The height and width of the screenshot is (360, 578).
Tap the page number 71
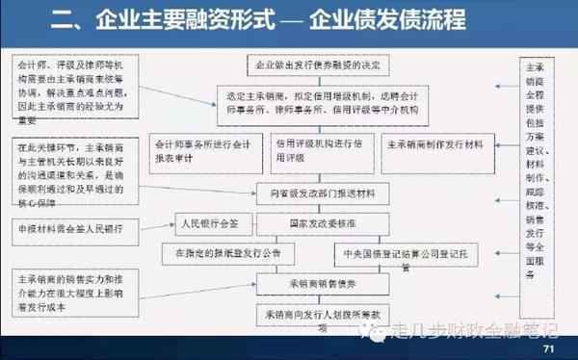549,348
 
